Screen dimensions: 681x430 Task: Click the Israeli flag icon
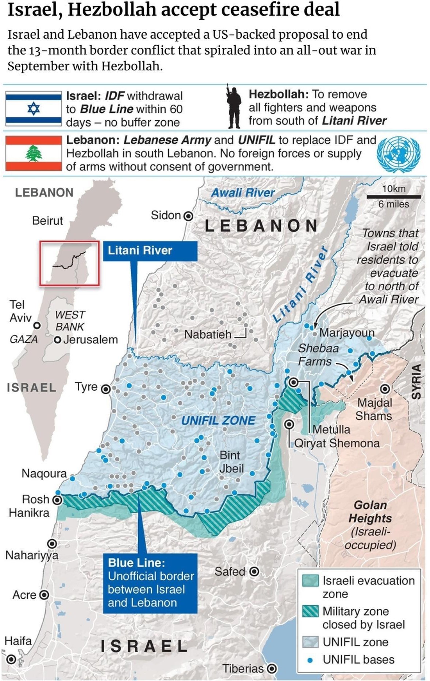(34, 109)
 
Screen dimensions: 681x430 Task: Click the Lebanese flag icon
(34, 153)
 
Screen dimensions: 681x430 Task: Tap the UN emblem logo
(398, 154)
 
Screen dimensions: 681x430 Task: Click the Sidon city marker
(188, 216)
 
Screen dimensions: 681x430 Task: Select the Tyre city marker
(106, 389)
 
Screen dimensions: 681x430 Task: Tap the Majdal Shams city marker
(385, 389)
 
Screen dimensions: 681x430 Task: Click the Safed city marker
(254, 571)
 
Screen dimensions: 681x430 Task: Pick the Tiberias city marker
(271, 669)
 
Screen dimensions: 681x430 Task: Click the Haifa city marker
(11, 659)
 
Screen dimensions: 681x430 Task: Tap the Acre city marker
(44, 595)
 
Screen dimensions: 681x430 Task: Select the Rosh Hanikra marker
(57, 500)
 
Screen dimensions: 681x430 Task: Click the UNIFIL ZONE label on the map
(218, 420)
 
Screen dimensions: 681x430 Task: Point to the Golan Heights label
(370, 511)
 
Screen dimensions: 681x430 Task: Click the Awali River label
(243, 192)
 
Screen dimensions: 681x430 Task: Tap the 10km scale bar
(394, 197)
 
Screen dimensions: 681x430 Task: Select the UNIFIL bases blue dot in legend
(310, 660)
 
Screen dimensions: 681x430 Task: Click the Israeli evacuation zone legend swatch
(310, 580)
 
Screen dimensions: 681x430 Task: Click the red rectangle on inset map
(69, 263)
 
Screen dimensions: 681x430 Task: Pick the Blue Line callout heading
(136, 563)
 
